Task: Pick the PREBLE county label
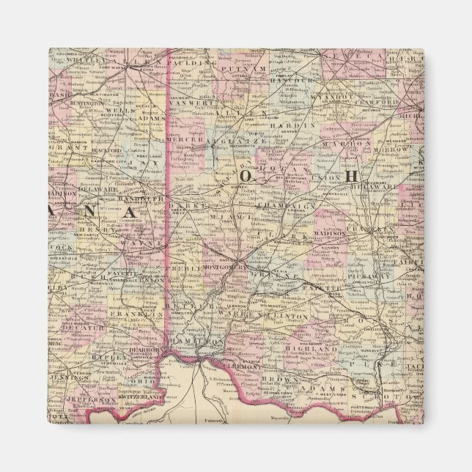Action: pyautogui.click(x=188, y=269)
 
